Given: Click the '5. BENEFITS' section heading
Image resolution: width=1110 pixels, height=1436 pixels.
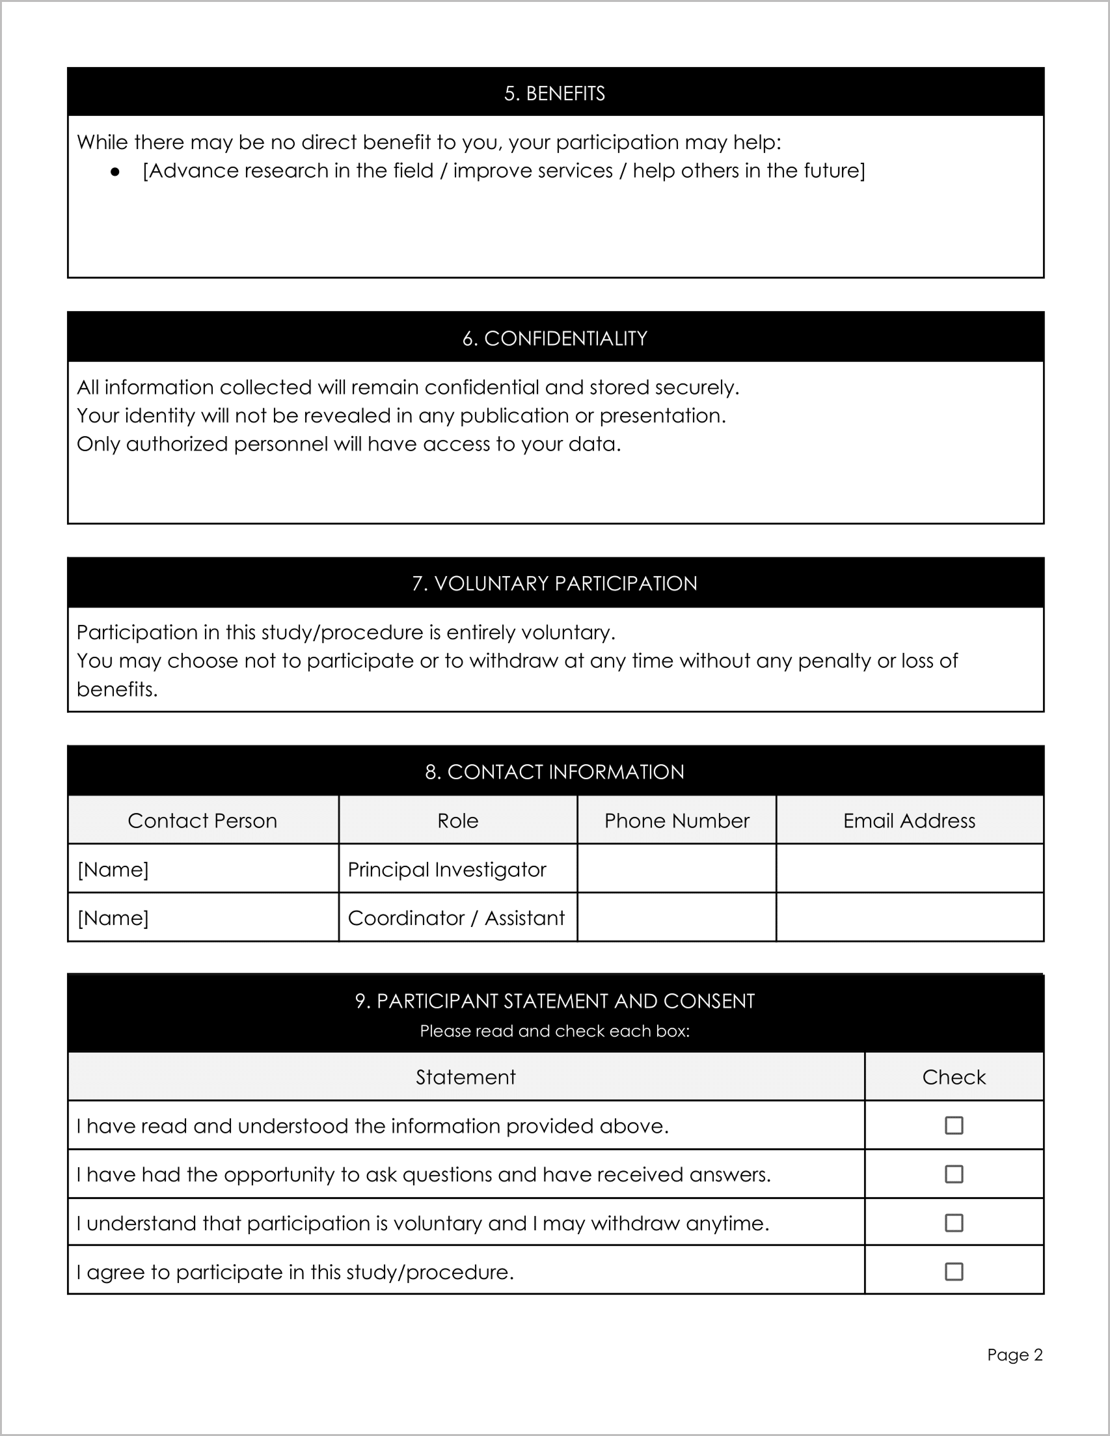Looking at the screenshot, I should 554,93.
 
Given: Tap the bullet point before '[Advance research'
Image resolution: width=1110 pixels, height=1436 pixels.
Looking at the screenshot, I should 116,173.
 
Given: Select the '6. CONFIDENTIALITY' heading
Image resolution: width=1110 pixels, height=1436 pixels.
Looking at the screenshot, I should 554,338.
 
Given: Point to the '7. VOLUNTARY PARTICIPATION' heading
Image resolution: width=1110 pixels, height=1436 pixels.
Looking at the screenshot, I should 554,583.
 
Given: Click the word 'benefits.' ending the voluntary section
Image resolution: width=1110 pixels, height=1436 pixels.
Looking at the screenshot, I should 117,690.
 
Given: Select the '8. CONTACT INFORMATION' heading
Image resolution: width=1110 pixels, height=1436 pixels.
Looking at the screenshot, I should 554,772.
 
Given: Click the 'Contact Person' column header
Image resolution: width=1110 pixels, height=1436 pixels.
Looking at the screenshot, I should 202,821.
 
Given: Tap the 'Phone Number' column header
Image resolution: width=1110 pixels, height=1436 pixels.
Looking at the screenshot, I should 676,821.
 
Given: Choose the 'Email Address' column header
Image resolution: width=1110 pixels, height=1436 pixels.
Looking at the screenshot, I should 909,821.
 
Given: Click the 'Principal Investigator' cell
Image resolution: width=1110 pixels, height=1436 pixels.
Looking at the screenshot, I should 447,869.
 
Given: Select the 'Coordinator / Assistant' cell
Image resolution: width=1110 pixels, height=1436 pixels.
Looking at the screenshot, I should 456,918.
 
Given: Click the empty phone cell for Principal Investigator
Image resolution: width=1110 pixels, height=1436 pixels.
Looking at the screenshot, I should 676,868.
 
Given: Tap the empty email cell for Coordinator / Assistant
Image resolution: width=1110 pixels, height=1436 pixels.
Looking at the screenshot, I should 909,917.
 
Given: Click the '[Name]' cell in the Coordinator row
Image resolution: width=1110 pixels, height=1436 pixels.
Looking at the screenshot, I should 113,918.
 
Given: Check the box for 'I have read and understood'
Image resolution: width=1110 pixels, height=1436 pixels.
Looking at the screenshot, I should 954,1125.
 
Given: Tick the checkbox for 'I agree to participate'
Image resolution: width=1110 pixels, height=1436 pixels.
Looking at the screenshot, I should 954,1271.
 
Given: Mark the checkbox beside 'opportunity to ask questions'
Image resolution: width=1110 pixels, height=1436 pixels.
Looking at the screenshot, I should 954,1174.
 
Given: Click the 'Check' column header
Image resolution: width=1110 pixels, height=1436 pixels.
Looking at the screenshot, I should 954,1077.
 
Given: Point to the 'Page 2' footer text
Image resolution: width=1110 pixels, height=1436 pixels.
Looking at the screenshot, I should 1014,1355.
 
